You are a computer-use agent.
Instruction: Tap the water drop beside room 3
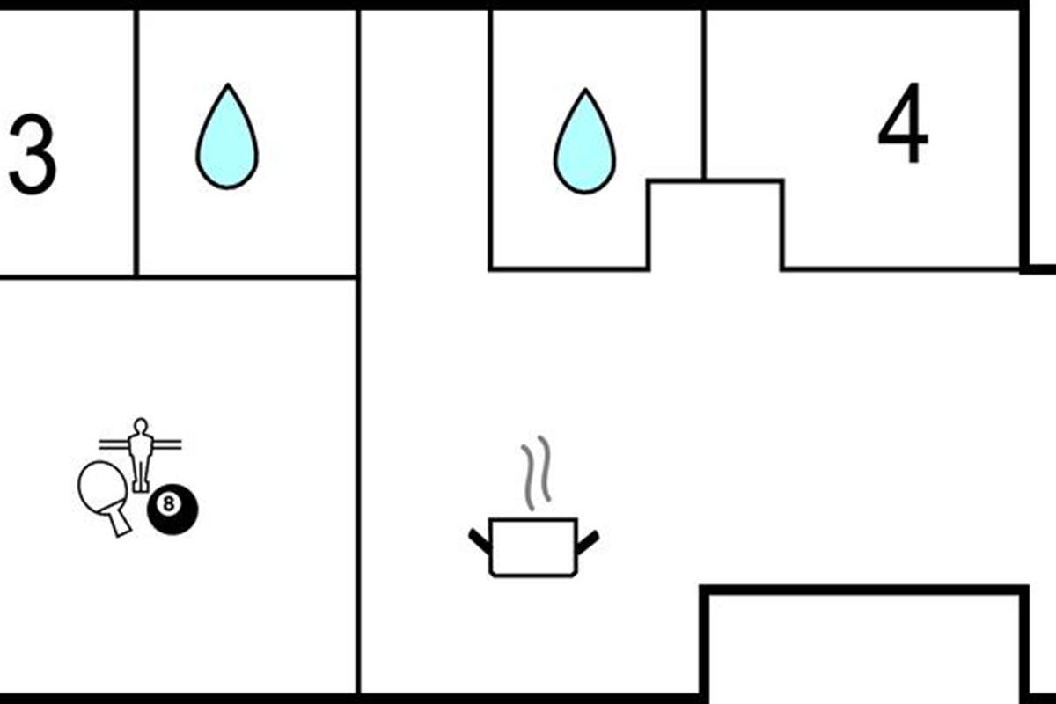(x=227, y=141)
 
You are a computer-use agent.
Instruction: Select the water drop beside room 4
(x=584, y=145)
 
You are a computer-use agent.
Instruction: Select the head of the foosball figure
(x=139, y=426)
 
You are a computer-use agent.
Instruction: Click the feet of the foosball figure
(x=140, y=487)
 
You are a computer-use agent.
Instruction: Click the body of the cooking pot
(x=532, y=546)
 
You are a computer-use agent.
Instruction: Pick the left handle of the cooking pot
(x=480, y=540)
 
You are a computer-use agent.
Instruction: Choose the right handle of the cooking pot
(x=587, y=540)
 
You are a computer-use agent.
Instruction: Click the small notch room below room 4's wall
(x=715, y=224)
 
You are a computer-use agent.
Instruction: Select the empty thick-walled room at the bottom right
(x=864, y=647)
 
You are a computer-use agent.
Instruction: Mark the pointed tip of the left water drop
(x=228, y=87)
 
